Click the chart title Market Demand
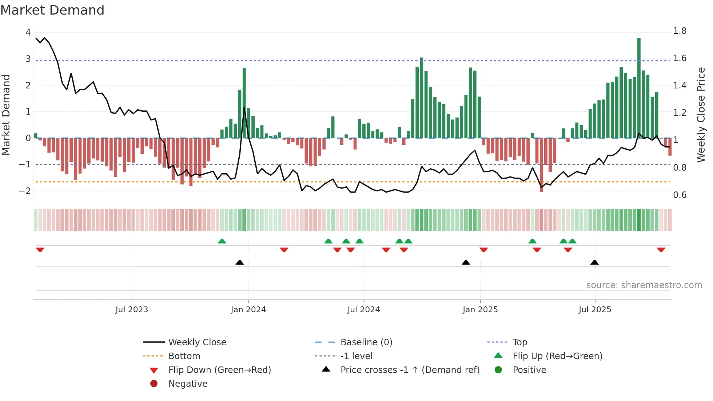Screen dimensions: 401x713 [52, 10]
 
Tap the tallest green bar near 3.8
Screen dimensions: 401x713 [639, 87]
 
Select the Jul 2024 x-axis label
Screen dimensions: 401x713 [363, 310]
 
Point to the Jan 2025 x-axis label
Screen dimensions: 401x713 [480, 310]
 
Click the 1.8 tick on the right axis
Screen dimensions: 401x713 [680, 31]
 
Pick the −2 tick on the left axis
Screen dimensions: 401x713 [25, 191]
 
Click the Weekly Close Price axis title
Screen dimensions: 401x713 [701, 115]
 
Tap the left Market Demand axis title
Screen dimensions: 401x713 [6, 115]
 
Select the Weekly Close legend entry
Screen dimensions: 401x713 [197, 342]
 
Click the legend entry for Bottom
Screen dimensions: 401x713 [184, 356]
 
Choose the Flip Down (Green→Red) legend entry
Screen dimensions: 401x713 [219, 370]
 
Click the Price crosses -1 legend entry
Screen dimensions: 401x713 [410, 370]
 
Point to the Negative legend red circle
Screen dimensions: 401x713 [154, 384]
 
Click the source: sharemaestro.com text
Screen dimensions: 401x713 [644, 285]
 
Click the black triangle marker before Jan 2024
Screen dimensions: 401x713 [240, 263]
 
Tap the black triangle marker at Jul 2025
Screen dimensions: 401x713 [594, 263]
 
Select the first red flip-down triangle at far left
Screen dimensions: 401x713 [40, 250]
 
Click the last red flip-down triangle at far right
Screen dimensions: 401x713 [661, 250]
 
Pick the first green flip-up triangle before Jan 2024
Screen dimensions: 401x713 [222, 241]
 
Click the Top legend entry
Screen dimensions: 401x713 [519, 342]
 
